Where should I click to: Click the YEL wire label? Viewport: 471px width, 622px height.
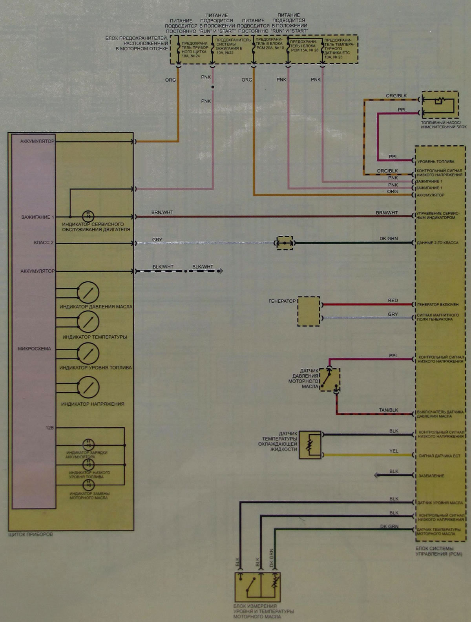[x=394, y=451]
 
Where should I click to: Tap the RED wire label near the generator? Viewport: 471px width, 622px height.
[x=393, y=300]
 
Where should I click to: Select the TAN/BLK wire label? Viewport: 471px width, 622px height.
[x=389, y=410]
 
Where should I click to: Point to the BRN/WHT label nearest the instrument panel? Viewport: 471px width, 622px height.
[x=162, y=212]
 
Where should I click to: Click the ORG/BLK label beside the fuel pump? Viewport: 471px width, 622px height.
[x=396, y=96]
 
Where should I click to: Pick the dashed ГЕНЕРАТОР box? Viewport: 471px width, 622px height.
[x=309, y=311]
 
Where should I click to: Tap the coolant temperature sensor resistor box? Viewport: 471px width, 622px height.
[x=310, y=445]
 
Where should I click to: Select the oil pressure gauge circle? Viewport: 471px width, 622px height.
[x=88, y=293]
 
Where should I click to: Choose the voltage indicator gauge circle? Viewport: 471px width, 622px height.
[x=88, y=387]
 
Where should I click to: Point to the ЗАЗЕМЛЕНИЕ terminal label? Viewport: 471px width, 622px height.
[x=431, y=476]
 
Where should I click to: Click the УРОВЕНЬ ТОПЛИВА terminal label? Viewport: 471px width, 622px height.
[x=436, y=161]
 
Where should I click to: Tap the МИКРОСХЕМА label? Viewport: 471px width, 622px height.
[x=34, y=349]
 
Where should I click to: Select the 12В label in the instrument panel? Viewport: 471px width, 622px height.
[x=49, y=428]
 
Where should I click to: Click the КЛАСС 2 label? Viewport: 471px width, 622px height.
[x=44, y=243]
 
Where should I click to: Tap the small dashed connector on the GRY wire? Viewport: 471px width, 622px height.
[x=285, y=243]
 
